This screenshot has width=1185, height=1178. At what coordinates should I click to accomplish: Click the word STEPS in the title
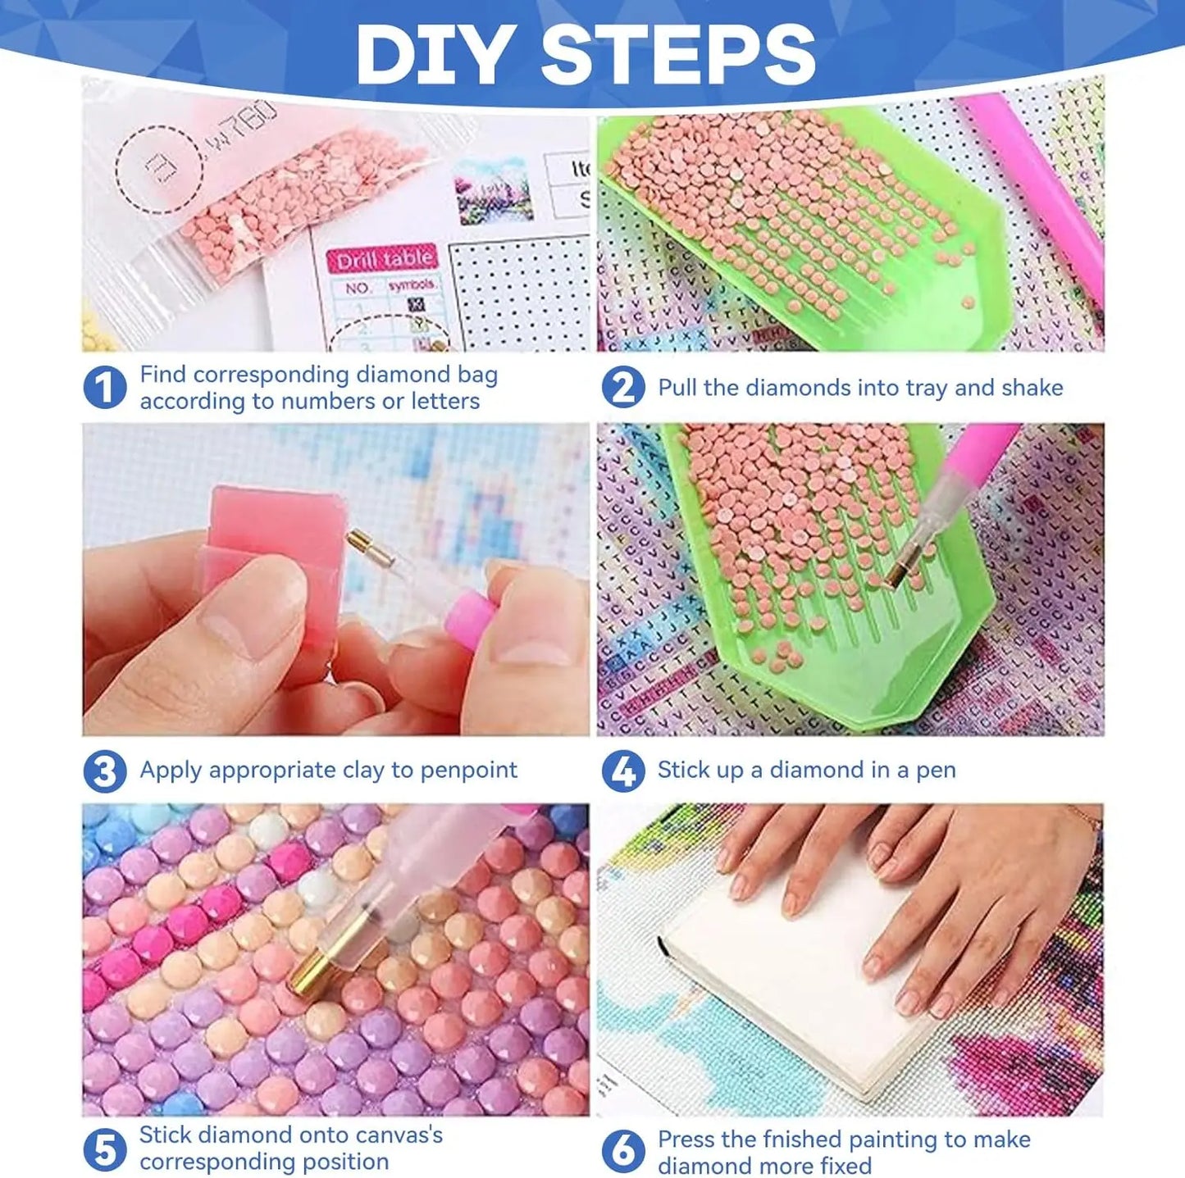tap(677, 54)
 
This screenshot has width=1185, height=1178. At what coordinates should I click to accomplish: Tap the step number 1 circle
tap(105, 388)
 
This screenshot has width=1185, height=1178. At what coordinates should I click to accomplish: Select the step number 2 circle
tap(623, 388)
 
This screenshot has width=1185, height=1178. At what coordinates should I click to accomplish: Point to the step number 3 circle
tap(105, 771)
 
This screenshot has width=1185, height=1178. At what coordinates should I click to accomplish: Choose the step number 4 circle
tap(623, 771)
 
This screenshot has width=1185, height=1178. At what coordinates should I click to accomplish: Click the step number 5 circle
tap(105, 1149)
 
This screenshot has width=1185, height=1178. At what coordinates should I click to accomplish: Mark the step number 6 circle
tap(623, 1151)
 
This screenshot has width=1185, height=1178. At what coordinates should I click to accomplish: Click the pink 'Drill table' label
tap(384, 260)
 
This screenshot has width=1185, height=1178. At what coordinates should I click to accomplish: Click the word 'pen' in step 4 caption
tap(936, 771)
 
